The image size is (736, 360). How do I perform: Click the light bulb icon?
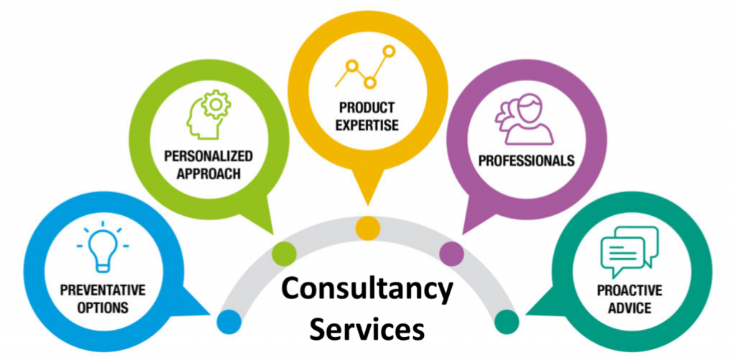(x=103, y=250)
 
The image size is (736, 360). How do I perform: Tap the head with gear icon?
(x=208, y=114)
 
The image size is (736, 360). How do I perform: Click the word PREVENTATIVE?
(x=103, y=290)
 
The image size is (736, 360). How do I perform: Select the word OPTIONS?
(x=103, y=308)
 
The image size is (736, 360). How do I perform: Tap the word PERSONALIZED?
(x=209, y=156)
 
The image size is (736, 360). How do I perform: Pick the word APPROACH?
(x=209, y=174)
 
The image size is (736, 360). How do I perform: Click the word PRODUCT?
(x=367, y=108)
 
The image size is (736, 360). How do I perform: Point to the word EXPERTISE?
(x=367, y=125)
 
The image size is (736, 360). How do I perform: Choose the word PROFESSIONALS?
(x=527, y=161)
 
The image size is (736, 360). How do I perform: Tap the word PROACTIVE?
(x=629, y=290)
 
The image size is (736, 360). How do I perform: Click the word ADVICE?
(x=630, y=308)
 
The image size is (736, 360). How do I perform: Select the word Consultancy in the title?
(x=367, y=290)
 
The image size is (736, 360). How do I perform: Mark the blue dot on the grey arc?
(x=229, y=321)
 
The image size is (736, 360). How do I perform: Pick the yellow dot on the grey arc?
(x=367, y=229)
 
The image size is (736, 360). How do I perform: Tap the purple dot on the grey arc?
(x=451, y=253)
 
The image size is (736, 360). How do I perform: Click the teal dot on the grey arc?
(x=506, y=322)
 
